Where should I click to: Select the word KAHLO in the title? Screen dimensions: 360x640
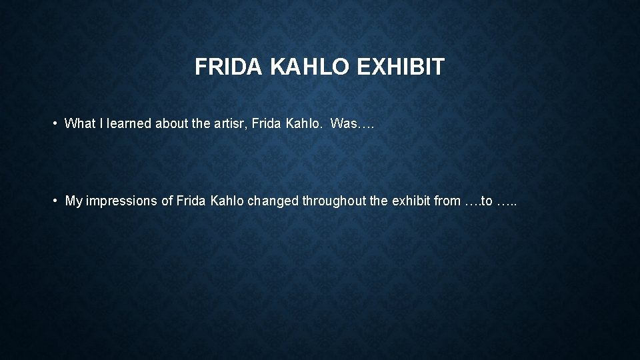coord(311,67)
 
